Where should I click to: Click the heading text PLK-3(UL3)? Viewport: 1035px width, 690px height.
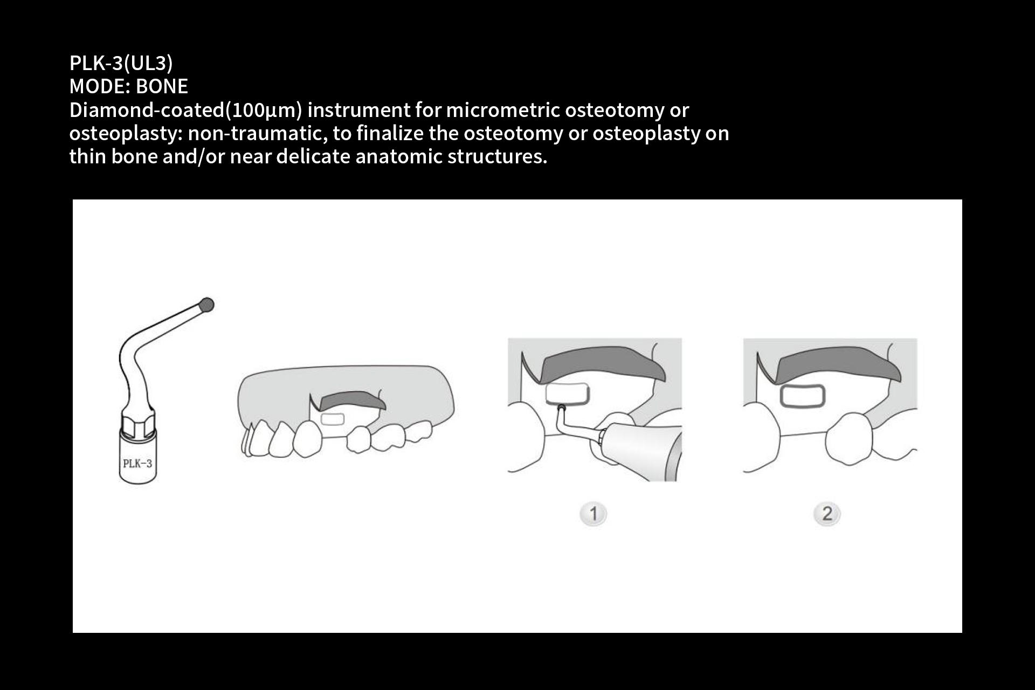(x=121, y=63)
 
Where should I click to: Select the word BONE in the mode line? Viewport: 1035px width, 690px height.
(x=162, y=86)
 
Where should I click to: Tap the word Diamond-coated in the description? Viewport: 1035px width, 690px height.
(x=147, y=110)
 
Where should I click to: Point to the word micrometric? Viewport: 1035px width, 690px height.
(x=503, y=110)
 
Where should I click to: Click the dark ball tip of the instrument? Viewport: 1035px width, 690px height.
(x=206, y=305)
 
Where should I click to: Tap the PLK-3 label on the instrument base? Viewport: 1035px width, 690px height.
(x=137, y=464)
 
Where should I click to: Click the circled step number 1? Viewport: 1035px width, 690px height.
(x=594, y=514)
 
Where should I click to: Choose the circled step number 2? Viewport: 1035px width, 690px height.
(x=827, y=514)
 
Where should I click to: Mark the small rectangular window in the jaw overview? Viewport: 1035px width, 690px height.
(x=333, y=419)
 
